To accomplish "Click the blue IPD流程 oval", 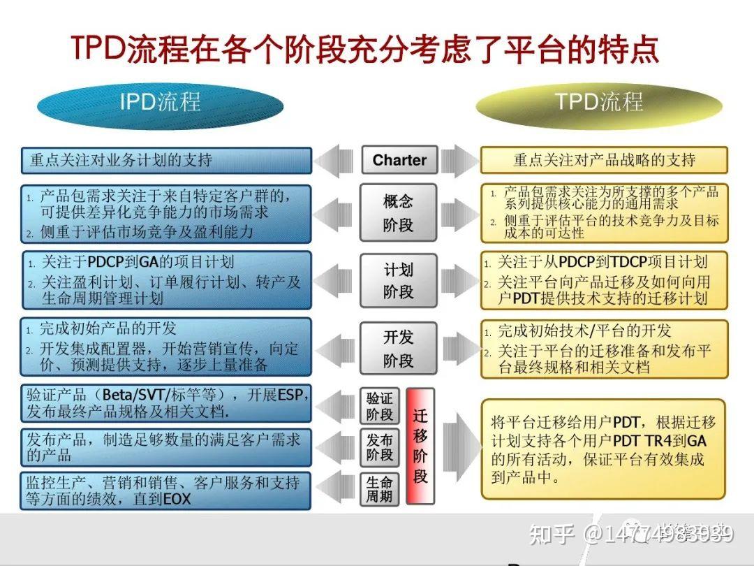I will (x=160, y=103).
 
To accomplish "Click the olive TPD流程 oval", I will (x=598, y=103).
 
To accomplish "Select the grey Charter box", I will (x=399, y=160).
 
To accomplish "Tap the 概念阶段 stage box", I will (x=398, y=212).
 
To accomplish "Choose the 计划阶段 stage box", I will (x=398, y=280).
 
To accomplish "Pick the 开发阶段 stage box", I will (x=398, y=348).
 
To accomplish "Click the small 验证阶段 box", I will (x=380, y=406).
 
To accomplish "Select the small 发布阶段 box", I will (x=380, y=447).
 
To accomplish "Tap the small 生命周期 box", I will (x=380, y=489).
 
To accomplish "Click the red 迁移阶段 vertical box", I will (x=420, y=446).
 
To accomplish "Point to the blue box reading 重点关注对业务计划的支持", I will (x=166, y=160).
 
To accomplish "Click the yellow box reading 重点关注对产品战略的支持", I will (x=604, y=160).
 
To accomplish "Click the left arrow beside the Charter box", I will (x=337, y=160).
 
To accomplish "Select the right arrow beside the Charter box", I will (x=459, y=160).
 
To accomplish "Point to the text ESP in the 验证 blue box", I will (x=290, y=395).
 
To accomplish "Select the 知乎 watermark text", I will (x=551, y=535).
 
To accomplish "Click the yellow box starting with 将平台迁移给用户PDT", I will (x=604, y=448).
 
